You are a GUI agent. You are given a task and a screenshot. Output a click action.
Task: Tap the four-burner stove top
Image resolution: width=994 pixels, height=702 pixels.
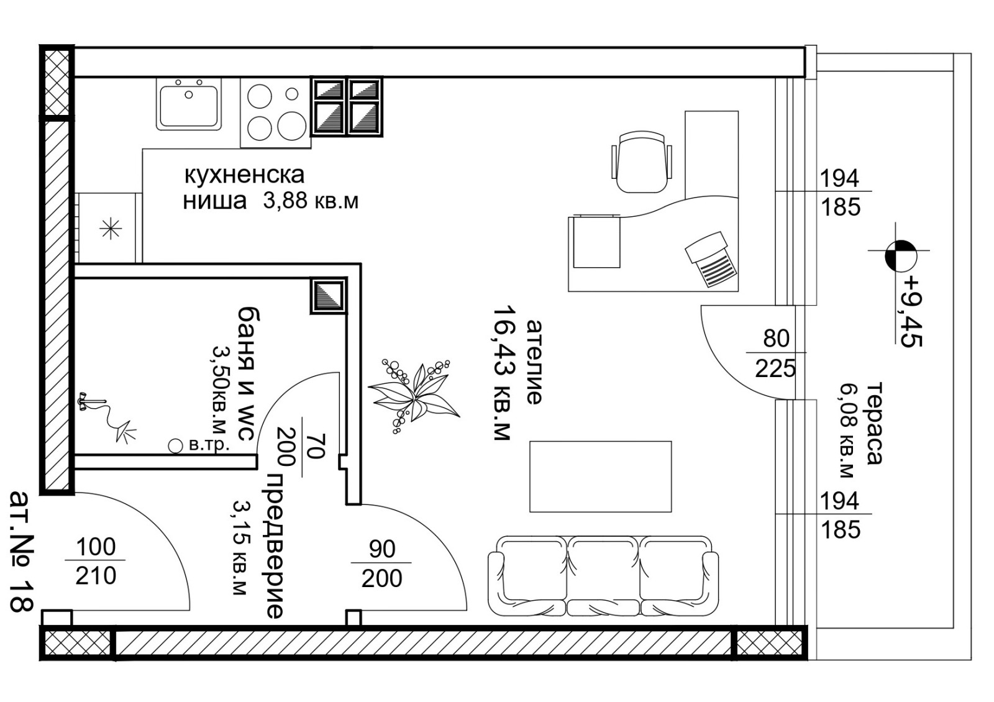(x=276, y=112)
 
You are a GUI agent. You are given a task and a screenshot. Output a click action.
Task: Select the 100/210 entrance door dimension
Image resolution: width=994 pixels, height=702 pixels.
(x=96, y=562)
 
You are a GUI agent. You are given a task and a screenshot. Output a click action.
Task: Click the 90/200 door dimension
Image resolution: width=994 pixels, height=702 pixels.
(x=381, y=564)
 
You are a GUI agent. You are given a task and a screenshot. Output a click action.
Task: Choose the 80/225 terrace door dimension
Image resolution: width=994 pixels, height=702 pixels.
(x=775, y=353)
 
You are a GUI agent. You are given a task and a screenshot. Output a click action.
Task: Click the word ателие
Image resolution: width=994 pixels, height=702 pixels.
(x=534, y=362)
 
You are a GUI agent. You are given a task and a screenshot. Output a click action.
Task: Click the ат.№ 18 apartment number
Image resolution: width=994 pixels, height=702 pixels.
(x=21, y=552)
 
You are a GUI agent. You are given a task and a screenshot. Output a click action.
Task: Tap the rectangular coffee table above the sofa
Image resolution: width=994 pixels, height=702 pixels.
(x=600, y=476)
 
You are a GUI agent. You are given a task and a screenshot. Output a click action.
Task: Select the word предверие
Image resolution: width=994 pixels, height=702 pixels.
(x=275, y=546)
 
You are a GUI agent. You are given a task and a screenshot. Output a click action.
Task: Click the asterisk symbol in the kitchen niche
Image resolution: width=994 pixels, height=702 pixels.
(x=111, y=229)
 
